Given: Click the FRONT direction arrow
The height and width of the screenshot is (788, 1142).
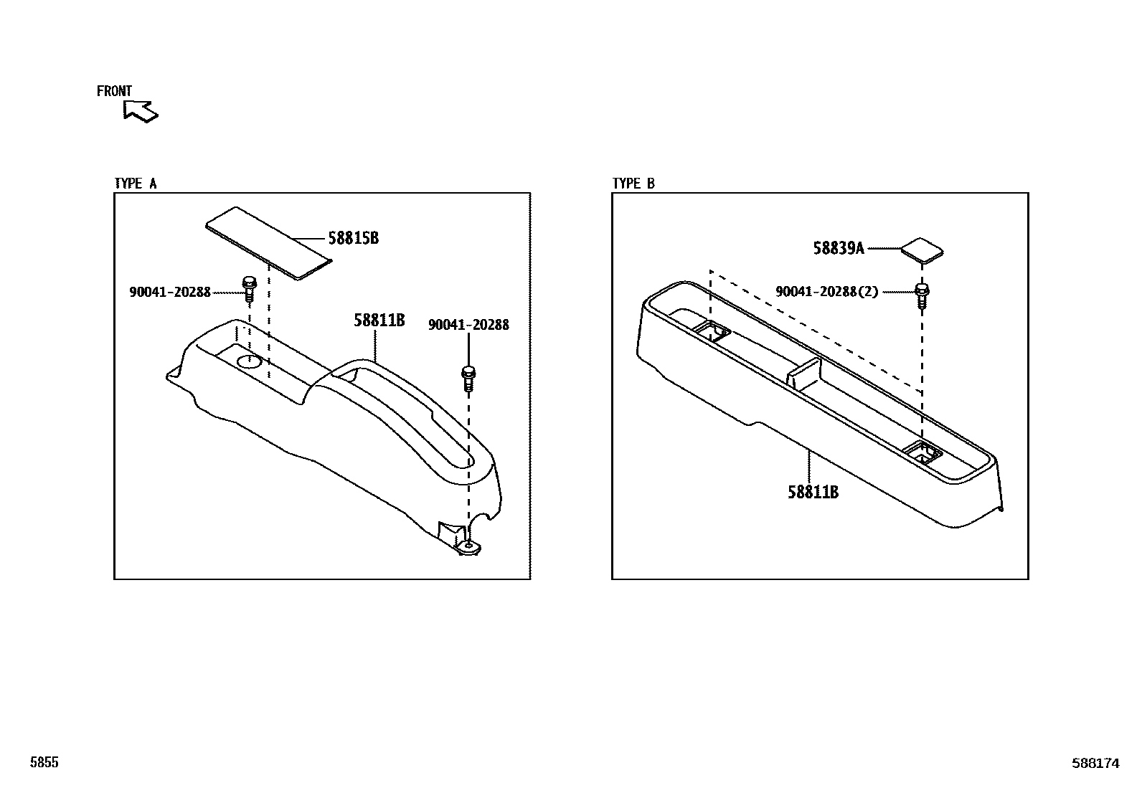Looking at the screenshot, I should (x=140, y=110).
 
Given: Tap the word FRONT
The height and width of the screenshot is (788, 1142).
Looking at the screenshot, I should (x=114, y=91).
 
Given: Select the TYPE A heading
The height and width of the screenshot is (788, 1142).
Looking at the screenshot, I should (x=136, y=184).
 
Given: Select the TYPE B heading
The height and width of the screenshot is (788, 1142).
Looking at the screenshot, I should (x=633, y=184).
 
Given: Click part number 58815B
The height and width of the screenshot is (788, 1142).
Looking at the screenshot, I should (x=353, y=238).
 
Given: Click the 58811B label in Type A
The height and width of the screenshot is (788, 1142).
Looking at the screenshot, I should (x=379, y=321).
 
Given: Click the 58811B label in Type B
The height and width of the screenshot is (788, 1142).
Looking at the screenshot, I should (x=813, y=492).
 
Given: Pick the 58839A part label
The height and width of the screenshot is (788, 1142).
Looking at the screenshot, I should (x=838, y=248).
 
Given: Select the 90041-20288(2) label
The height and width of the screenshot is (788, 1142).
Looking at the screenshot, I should (x=826, y=292).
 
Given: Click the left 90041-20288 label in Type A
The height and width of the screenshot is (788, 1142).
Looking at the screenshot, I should (x=170, y=292).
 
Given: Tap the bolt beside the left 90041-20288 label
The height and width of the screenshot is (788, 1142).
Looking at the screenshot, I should (x=249, y=288).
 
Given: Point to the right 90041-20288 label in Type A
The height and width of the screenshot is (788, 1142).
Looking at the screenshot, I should (x=468, y=325).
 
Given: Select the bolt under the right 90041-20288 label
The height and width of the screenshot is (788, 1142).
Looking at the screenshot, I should (x=468, y=378).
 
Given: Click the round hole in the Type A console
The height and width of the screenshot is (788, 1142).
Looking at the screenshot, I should (x=248, y=361).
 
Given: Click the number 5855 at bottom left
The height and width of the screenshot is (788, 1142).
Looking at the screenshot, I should (x=44, y=763).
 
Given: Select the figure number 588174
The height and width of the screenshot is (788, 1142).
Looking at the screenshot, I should (x=1095, y=764).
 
